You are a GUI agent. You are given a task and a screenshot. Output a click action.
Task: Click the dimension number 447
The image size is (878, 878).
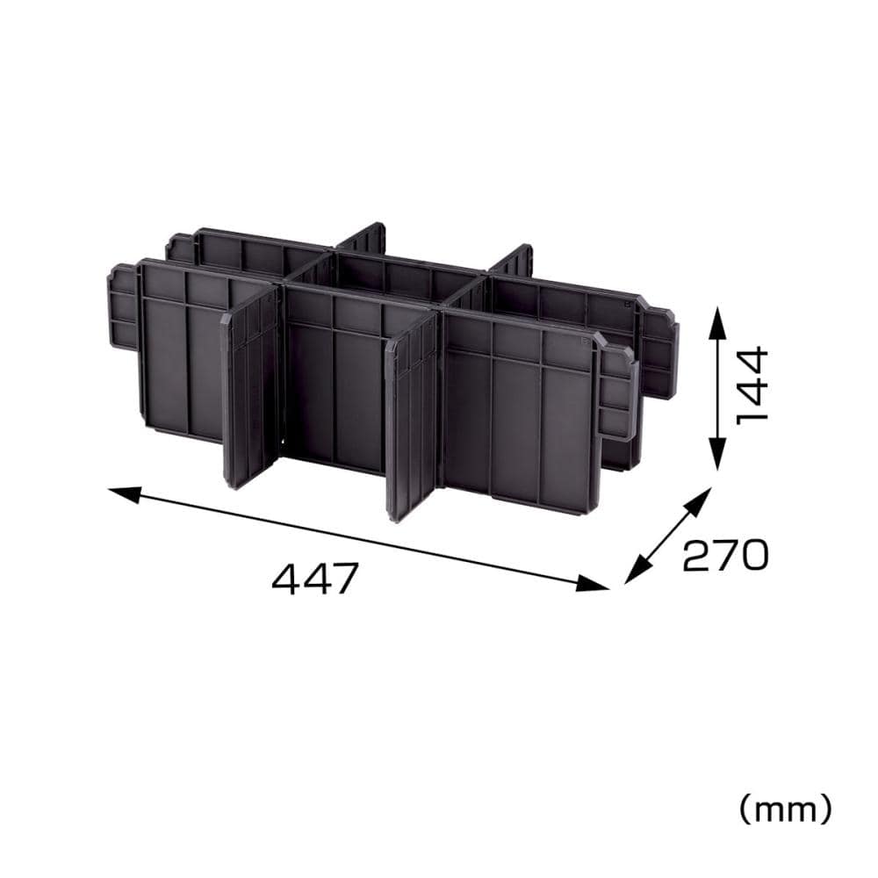[x=314, y=579]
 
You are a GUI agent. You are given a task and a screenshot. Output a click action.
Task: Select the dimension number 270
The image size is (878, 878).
[x=726, y=555]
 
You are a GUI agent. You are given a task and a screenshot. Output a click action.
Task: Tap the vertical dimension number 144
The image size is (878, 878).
[x=752, y=385]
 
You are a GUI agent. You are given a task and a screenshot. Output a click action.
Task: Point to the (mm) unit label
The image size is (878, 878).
[x=785, y=810]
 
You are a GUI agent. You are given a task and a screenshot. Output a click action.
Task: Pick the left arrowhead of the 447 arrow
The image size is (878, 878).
[x=125, y=494]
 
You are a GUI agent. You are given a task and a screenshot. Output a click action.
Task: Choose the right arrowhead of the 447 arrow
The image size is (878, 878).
[x=592, y=584]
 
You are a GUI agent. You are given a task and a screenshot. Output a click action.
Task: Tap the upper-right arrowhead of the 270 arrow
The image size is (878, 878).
[x=698, y=500]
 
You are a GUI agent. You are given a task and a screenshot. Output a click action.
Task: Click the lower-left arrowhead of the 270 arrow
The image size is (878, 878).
[x=637, y=570]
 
